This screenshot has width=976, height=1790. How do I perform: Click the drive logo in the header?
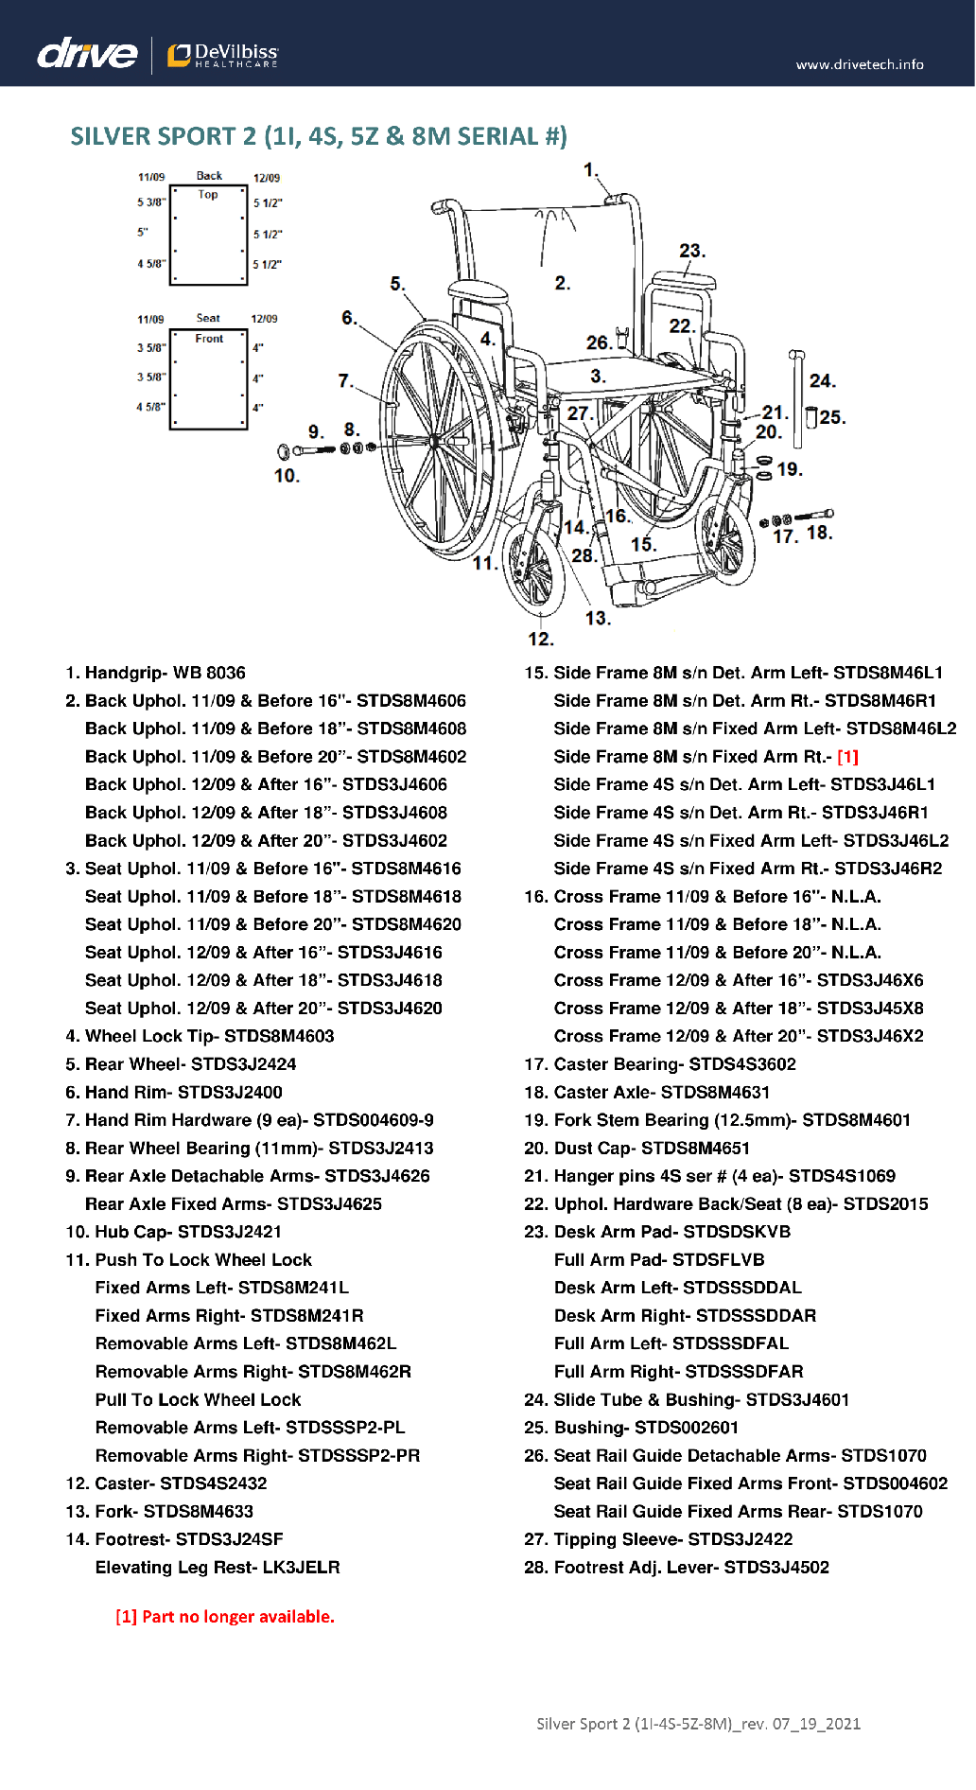tap(87, 54)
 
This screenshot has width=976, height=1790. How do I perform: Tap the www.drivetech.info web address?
tap(859, 64)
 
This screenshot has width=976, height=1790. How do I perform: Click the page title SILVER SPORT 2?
tap(318, 136)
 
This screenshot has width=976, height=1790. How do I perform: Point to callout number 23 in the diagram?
tap(691, 251)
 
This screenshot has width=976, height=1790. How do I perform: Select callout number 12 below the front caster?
tap(540, 639)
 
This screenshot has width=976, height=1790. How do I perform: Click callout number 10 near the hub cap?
tap(287, 476)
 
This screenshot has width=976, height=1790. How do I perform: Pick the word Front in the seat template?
tap(209, 339)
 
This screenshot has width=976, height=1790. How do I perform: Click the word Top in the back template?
tap(208, 195)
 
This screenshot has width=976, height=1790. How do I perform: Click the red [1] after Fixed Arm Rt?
tap(847, 757)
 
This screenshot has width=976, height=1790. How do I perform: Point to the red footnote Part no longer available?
tap(225, 1617)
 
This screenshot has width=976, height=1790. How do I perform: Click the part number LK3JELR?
tap(301, 1568)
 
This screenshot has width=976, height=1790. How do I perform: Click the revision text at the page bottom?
tap(698, 1724)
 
